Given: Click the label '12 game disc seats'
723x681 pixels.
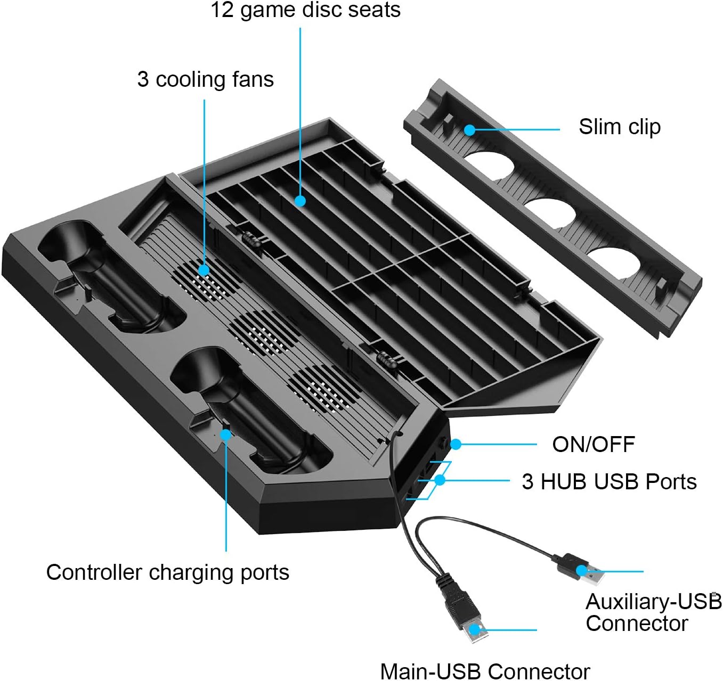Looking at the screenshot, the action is point(305,10).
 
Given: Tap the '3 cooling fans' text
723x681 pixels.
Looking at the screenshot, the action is point(205,79).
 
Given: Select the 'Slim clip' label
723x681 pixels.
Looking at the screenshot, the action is point(619,127).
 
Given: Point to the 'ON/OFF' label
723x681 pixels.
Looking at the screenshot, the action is point(593,444).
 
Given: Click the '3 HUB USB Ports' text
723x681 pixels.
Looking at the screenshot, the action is point(609,481).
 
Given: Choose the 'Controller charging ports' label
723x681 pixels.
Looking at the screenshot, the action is point(167,572).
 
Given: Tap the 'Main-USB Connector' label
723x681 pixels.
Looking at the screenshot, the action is point(484,671).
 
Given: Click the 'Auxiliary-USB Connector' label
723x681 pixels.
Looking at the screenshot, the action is point(653,612).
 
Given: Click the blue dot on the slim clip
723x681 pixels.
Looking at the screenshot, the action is point(469,129).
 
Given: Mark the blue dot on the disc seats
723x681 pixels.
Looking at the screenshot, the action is point(300,201).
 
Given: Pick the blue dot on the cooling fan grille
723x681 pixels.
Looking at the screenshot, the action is point(204,270).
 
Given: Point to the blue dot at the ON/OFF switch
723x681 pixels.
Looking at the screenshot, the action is point(456,444).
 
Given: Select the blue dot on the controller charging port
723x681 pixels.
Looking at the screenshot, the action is point(226,434).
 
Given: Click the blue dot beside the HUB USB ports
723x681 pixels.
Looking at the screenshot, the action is point(440,480).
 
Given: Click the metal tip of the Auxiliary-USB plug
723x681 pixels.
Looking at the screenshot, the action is point(592,575).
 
